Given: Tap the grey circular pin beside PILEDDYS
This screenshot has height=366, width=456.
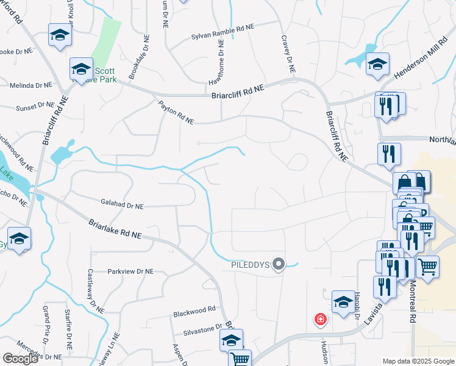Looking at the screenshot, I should coord(279,264).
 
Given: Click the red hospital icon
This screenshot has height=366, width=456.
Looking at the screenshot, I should coord(319,319).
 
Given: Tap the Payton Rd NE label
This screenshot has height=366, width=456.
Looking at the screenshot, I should coord(176,113).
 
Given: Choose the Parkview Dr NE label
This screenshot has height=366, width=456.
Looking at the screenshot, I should coord(131,271).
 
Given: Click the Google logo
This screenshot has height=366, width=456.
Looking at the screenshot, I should coord(20,359).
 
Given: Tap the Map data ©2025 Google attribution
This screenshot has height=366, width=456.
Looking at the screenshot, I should coord(418,361).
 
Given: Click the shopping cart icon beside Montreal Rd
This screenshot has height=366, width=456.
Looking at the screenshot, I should coord(428,267).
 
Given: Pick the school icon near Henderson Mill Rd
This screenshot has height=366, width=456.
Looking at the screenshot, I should coord(377,64).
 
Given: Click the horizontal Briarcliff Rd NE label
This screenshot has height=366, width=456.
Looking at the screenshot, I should coord(238,92).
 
